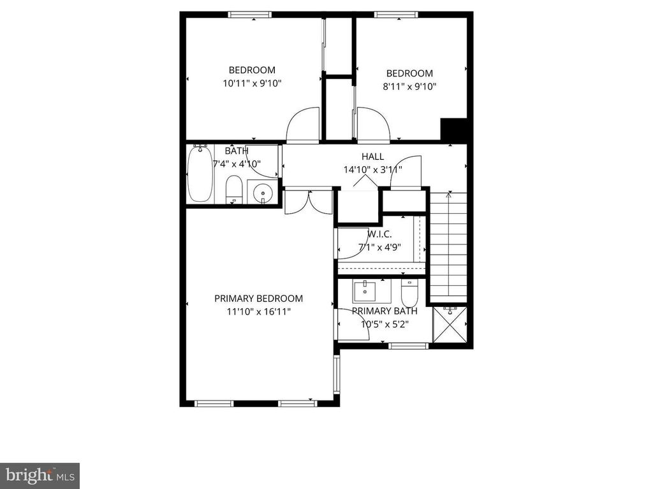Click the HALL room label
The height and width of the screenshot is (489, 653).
pyautogui.click(x=372, y=157)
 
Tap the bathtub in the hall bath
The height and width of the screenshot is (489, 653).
pyautogui.click(x=200, y=173)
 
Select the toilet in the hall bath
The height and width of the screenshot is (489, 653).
pyautogui.click(x=233, y=190)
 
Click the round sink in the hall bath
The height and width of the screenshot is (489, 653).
pyautogui.click(x=262, y=192)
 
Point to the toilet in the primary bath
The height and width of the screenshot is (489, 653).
pyautogui.click(x=409, y=293)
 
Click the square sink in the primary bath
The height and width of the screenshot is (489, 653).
pyautogui.click(x=365, y=291)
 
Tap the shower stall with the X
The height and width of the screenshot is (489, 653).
pyautogui.click(x=450, y=324)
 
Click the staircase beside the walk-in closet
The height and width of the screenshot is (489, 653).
pyautogui.click(x=448, y=247)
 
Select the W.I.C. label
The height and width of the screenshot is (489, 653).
pyautogui.click(x=379, y=234)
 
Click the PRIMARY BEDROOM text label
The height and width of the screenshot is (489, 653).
pyautogui.click(x=259, y=299)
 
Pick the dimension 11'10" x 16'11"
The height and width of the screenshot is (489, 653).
pyautogui.click(x=259, y=311)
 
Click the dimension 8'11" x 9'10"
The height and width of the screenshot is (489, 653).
pyautogui.click(x=409, y=87)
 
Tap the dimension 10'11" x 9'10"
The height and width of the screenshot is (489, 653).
pyautogui.click(x=253, y=83)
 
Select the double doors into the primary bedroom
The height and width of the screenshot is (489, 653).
pyautogui.click(x=309, y=202)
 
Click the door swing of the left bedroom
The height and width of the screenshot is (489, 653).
pyautogui.click(x=303, y=125)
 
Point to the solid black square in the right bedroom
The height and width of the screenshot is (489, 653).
pyautogui.click(x=454, y=130)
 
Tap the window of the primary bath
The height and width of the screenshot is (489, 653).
pyautogui.click(x=408, y=346)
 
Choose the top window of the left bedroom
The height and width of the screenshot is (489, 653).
pyautogui.click(x=250, y=15)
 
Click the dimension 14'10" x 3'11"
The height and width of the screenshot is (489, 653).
pyautogui.click(x=372, y=169)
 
